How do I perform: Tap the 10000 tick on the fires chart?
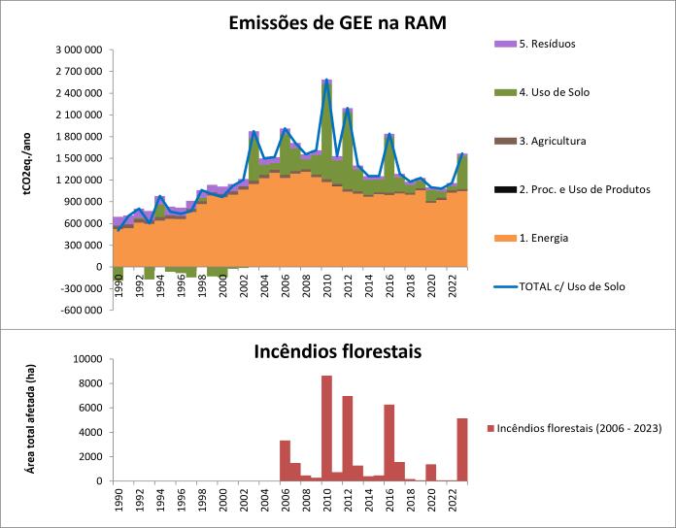(83, 359)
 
